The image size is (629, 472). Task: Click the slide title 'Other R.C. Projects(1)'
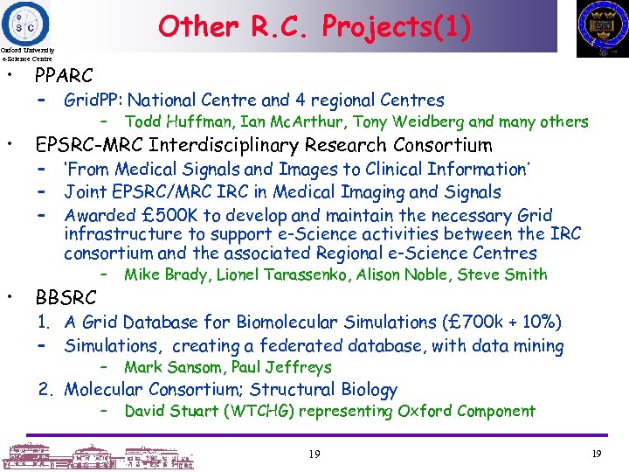coord(314,26)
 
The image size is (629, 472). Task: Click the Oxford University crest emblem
coord(602,28)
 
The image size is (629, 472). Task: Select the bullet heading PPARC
coord(63,76)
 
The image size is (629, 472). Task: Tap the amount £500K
coord(163,215)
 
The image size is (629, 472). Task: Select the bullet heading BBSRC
coord(63,298)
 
